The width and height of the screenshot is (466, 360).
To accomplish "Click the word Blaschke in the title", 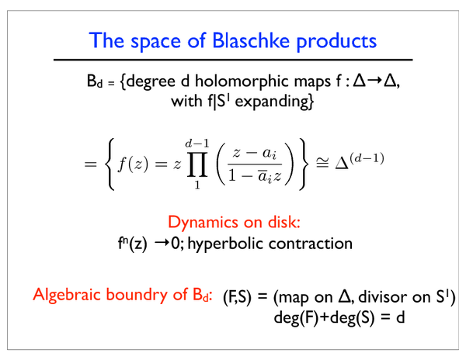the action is (251, 40).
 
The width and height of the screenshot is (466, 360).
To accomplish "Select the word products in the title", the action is (336, 42).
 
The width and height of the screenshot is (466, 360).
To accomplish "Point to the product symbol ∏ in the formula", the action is (197, 164).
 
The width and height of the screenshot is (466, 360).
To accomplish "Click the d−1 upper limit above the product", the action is (197, 144).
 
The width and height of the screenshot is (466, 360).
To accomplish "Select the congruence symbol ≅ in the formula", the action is (322, 163).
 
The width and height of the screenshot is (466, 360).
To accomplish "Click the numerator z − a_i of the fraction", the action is (255, 154).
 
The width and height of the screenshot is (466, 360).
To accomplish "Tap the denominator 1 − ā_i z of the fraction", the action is (255, 176).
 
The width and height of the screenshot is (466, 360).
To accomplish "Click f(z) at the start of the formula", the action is (133, 164).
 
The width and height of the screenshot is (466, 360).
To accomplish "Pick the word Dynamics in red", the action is (202, 223).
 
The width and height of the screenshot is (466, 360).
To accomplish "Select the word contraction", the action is (311, 244).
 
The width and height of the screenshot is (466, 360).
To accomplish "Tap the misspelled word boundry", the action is (137, 295).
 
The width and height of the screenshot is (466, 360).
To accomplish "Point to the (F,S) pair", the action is (237, 296).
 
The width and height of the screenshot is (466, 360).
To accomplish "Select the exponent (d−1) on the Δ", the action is (367, 158).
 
